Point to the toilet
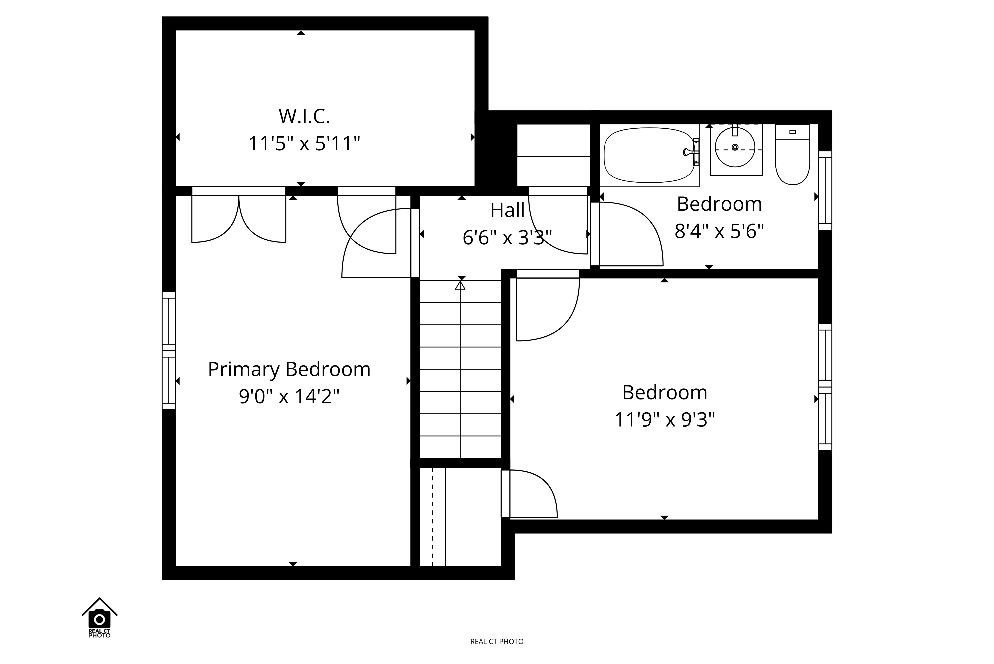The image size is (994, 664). coord(793,154)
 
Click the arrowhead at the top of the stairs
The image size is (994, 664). coord(460,285)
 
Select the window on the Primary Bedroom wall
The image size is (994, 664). coord(169,351)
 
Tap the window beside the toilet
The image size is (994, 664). coord(825,191)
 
